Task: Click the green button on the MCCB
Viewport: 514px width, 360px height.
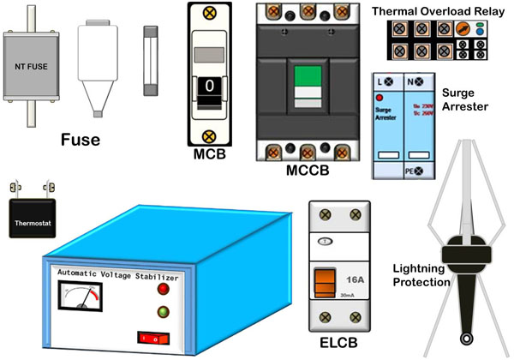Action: pyautogui.click(x=306, y=87)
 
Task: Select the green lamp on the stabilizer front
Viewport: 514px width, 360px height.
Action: pyautogui.click(x=163, y=311)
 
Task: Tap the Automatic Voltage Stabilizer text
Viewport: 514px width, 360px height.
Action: pyautogui.click(x=117, y=276)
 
